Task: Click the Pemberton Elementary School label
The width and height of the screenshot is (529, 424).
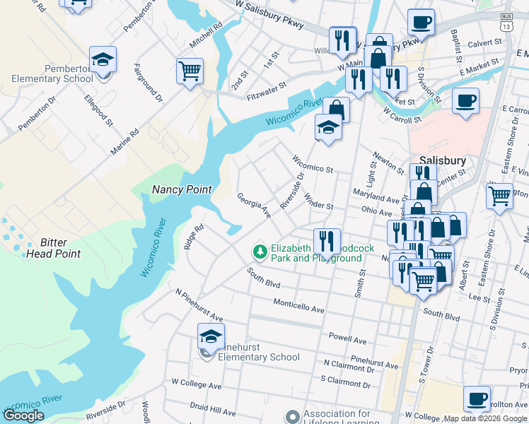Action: (x=47, y=73)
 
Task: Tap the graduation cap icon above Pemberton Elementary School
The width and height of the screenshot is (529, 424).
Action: (x=103, y=60)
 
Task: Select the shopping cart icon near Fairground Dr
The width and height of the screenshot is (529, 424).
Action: (x=190, y=71)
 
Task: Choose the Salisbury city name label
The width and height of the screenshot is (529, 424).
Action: (x=442, y=160)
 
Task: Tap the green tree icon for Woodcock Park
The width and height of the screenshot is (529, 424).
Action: (x=260, y=251)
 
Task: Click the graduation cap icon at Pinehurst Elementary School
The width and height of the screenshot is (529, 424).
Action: (x=211, y=336)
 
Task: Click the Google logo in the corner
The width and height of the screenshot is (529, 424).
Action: (x=23, y=416)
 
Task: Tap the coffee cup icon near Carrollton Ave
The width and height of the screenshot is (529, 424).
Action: (x=477, y=398)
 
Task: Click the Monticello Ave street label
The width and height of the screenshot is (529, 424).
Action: (x=299, y=306)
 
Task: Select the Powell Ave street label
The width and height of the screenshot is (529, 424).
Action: (x=347, y=338)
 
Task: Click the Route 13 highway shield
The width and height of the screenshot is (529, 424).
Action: (x=506, y=23)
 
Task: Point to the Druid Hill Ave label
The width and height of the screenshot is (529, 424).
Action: (x=213, y=409)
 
